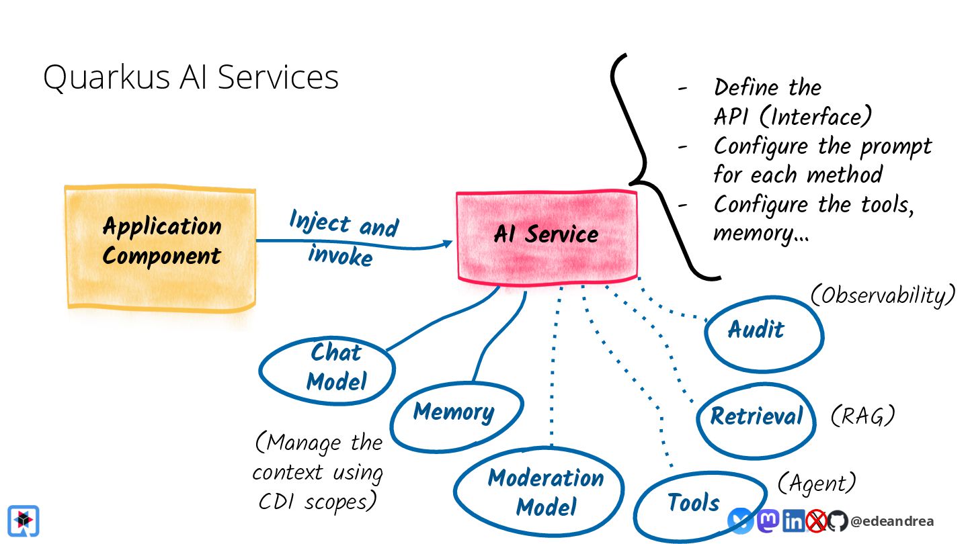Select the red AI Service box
547,234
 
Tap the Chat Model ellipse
327,369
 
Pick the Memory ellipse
456,412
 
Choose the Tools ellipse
694,504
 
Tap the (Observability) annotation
883,294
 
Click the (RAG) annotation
862,416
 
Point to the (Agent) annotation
817,482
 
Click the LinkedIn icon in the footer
793,520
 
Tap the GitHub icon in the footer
837,520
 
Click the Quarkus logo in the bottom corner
24,520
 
